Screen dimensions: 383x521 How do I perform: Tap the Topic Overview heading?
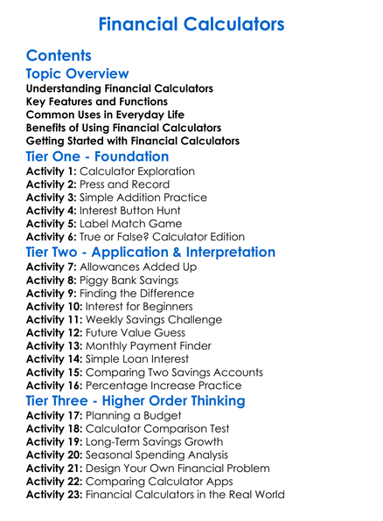click(78, 74)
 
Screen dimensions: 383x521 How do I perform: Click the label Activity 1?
click(52, 171)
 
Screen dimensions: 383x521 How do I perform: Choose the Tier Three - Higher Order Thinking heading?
click(150, 401)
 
